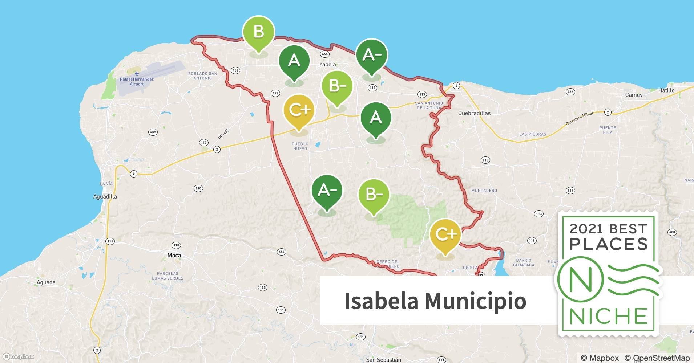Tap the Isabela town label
pos(327,64)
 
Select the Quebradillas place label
pos(474,113)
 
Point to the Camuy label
pos(634,95)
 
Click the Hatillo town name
pos(666,90)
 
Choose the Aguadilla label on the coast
pos(105,197)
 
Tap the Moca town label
pos(174,256)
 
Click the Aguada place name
pos(46,282)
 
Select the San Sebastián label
pos(383,360)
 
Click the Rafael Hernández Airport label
pos(137,82)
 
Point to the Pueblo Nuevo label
pos(300,146)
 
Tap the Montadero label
pos(484,191)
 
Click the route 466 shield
pos(324,54)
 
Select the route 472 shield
pos(275,93)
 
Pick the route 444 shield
pos(281,252)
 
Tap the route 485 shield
pos(570,92)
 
